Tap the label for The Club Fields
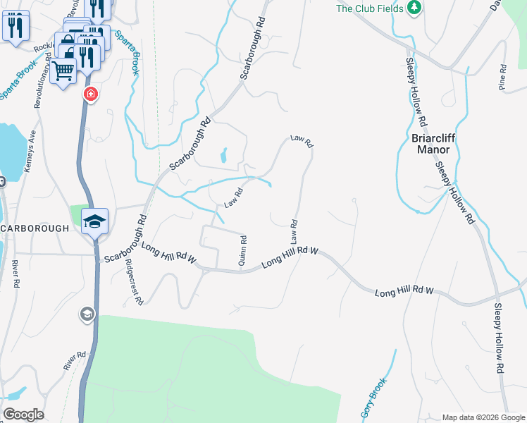click(370, 8)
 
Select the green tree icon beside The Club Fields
click(415, 8)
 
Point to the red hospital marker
click(90, 94)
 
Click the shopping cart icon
click(63, 70)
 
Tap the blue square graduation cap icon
click(94, 221)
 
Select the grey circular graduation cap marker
click(87, 314)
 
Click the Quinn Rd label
click(243, 250)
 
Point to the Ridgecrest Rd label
click(134, 280)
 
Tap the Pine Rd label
click(502, 78)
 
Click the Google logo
click(23, 415)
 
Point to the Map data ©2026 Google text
click(483, 417)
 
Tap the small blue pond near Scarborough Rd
click(224, 155)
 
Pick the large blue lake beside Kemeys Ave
click(11, 151)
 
